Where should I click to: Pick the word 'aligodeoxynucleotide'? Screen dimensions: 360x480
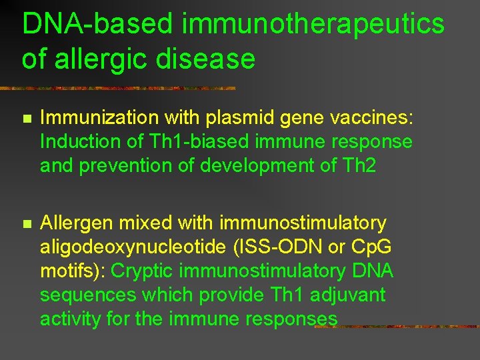coord(133,247)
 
